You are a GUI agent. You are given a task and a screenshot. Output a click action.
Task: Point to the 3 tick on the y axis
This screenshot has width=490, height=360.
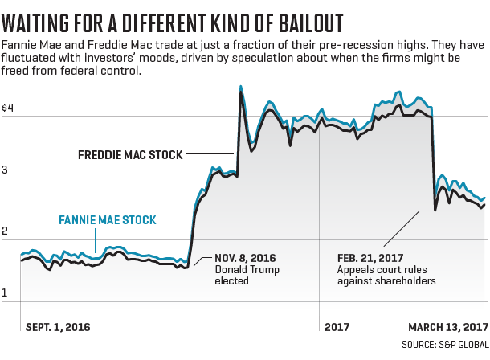click(6, 170)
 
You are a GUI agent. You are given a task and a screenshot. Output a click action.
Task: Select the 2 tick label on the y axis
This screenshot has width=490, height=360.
click(6, 231)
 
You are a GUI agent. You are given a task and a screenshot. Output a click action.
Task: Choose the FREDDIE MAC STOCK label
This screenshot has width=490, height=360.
click(130, 154)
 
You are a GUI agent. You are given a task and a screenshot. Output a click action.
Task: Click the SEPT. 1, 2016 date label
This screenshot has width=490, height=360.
click(58, 327)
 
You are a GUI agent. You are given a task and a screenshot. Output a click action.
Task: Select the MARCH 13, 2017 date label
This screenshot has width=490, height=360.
click(448, 327)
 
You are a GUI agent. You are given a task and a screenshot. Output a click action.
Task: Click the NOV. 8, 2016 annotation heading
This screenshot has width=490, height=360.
click(246, 258)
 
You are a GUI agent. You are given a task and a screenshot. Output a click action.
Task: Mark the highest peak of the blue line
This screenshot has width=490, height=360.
click(241, 86)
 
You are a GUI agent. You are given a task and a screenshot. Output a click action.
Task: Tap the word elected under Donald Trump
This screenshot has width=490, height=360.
click(232, 281)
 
